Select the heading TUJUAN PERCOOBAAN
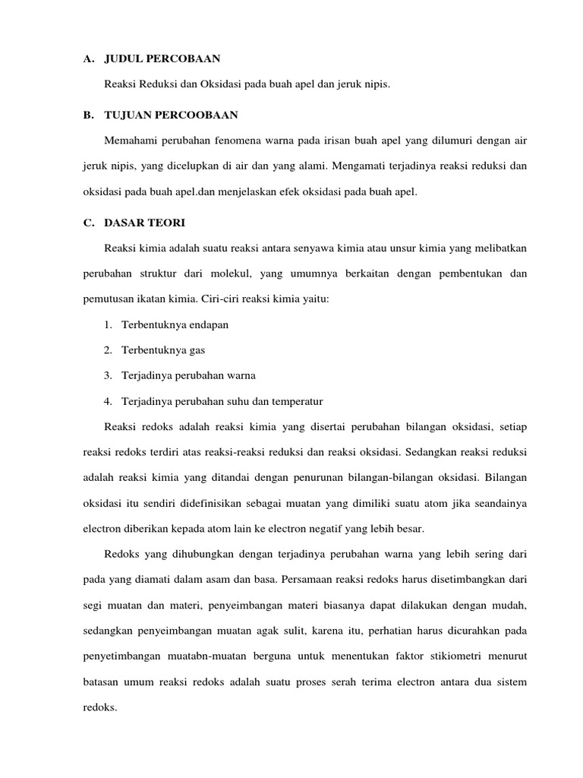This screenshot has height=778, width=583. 171,115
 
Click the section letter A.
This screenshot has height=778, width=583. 87,59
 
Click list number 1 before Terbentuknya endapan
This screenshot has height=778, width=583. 109,324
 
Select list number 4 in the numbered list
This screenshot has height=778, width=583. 109,400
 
